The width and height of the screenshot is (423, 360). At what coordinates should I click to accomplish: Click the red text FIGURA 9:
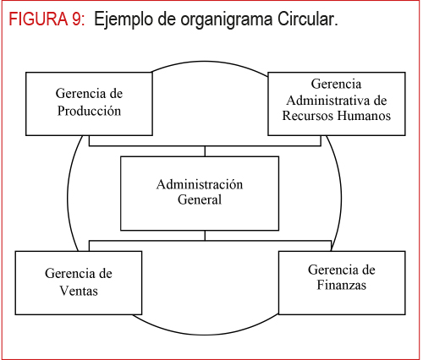coord(47,19)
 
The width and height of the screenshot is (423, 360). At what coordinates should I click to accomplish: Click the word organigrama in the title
coord(227,20)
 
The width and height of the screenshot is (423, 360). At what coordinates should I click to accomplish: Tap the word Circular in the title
coord(307,19)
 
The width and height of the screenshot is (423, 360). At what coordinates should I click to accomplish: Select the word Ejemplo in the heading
coord(124,20)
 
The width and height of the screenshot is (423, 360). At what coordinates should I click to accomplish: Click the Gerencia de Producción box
coord(89,104)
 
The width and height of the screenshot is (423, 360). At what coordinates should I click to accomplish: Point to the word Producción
coord(89,111)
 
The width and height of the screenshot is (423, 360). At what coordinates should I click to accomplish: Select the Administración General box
coord(200,194)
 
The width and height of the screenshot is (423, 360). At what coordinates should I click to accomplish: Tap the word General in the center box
coord(200,199)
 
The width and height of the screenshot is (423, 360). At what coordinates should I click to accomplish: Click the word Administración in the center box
coord(200,184)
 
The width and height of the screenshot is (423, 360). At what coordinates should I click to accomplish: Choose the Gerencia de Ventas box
coord(79,283)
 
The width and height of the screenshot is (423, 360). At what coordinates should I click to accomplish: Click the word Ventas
coord(79,291)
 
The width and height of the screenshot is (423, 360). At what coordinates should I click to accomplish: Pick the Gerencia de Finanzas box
coord(342,283)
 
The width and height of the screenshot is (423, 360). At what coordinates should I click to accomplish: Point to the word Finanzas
coord(342,285)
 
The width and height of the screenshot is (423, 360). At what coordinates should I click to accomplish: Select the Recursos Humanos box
coord(337,104)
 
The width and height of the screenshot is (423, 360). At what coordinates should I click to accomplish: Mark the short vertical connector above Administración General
coord(205,151)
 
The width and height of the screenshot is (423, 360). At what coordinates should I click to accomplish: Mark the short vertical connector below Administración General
coord(205,236)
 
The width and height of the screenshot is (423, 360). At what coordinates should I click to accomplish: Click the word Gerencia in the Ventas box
coord(68,273)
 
